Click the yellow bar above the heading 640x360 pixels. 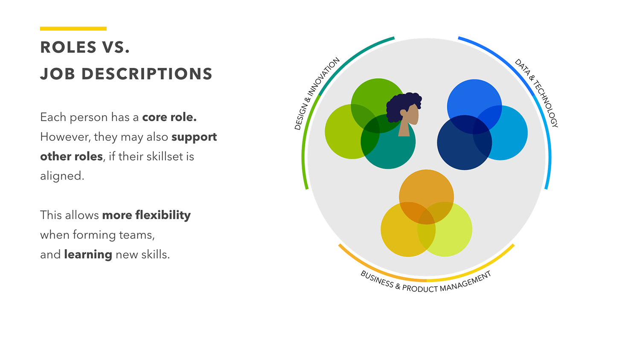73,29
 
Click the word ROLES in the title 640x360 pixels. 68,47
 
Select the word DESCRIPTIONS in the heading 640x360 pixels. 147,74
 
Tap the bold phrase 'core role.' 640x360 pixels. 169,117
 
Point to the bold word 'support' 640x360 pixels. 194,137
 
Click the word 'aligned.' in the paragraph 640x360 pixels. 62,176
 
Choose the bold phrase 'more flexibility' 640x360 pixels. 146,215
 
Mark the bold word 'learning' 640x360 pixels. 88,254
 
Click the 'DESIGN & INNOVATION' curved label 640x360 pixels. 317,93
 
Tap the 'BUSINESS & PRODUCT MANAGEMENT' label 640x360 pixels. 426,283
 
